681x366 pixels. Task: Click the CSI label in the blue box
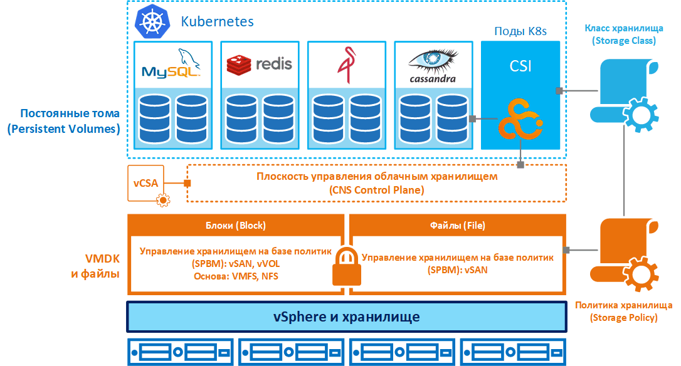(520, 65)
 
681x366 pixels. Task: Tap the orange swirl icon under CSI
(520, 120)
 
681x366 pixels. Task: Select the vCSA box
(145, 184)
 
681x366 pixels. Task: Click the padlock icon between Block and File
(346, 266)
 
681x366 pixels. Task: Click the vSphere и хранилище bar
(346, 316)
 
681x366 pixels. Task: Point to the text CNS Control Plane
(376, 189)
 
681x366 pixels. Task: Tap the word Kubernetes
(217, 21)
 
